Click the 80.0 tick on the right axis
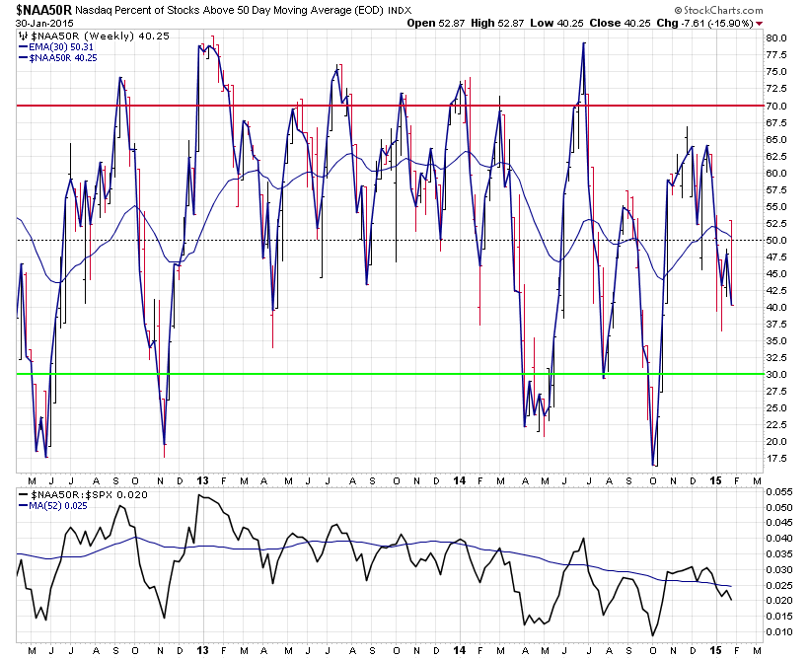pyautogui.click(x=774, y=38)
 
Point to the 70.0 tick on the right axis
pyautogui.click(x=774, y=106)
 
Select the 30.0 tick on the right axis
pyautogui.click(x=774, y=375)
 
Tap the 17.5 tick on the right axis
pyautogui.click(x=774, y=459)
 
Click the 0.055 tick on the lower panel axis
pyautogui.click(x=777, y=491)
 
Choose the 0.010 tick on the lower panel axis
pyautogui.click(x=777, y=631)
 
